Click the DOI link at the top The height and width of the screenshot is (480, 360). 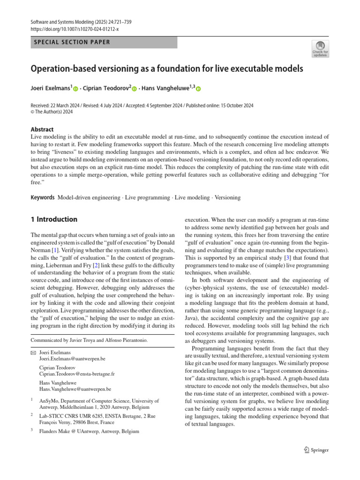click(x=75, y=28)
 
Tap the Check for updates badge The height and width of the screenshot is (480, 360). click(x=320, y=49)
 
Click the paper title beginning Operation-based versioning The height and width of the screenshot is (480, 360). click(x=167, y=68)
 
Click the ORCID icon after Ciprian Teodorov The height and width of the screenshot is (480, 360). click(x=134, y=89)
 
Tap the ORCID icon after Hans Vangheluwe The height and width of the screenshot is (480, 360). click(x=198, y=89)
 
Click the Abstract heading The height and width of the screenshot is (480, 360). click(x=42, y=129)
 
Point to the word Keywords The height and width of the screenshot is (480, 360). click(x=42, y=197)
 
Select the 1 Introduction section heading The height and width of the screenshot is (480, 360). click(x=54, y=219)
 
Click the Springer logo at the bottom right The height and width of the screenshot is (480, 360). click(x=316, y=450)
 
